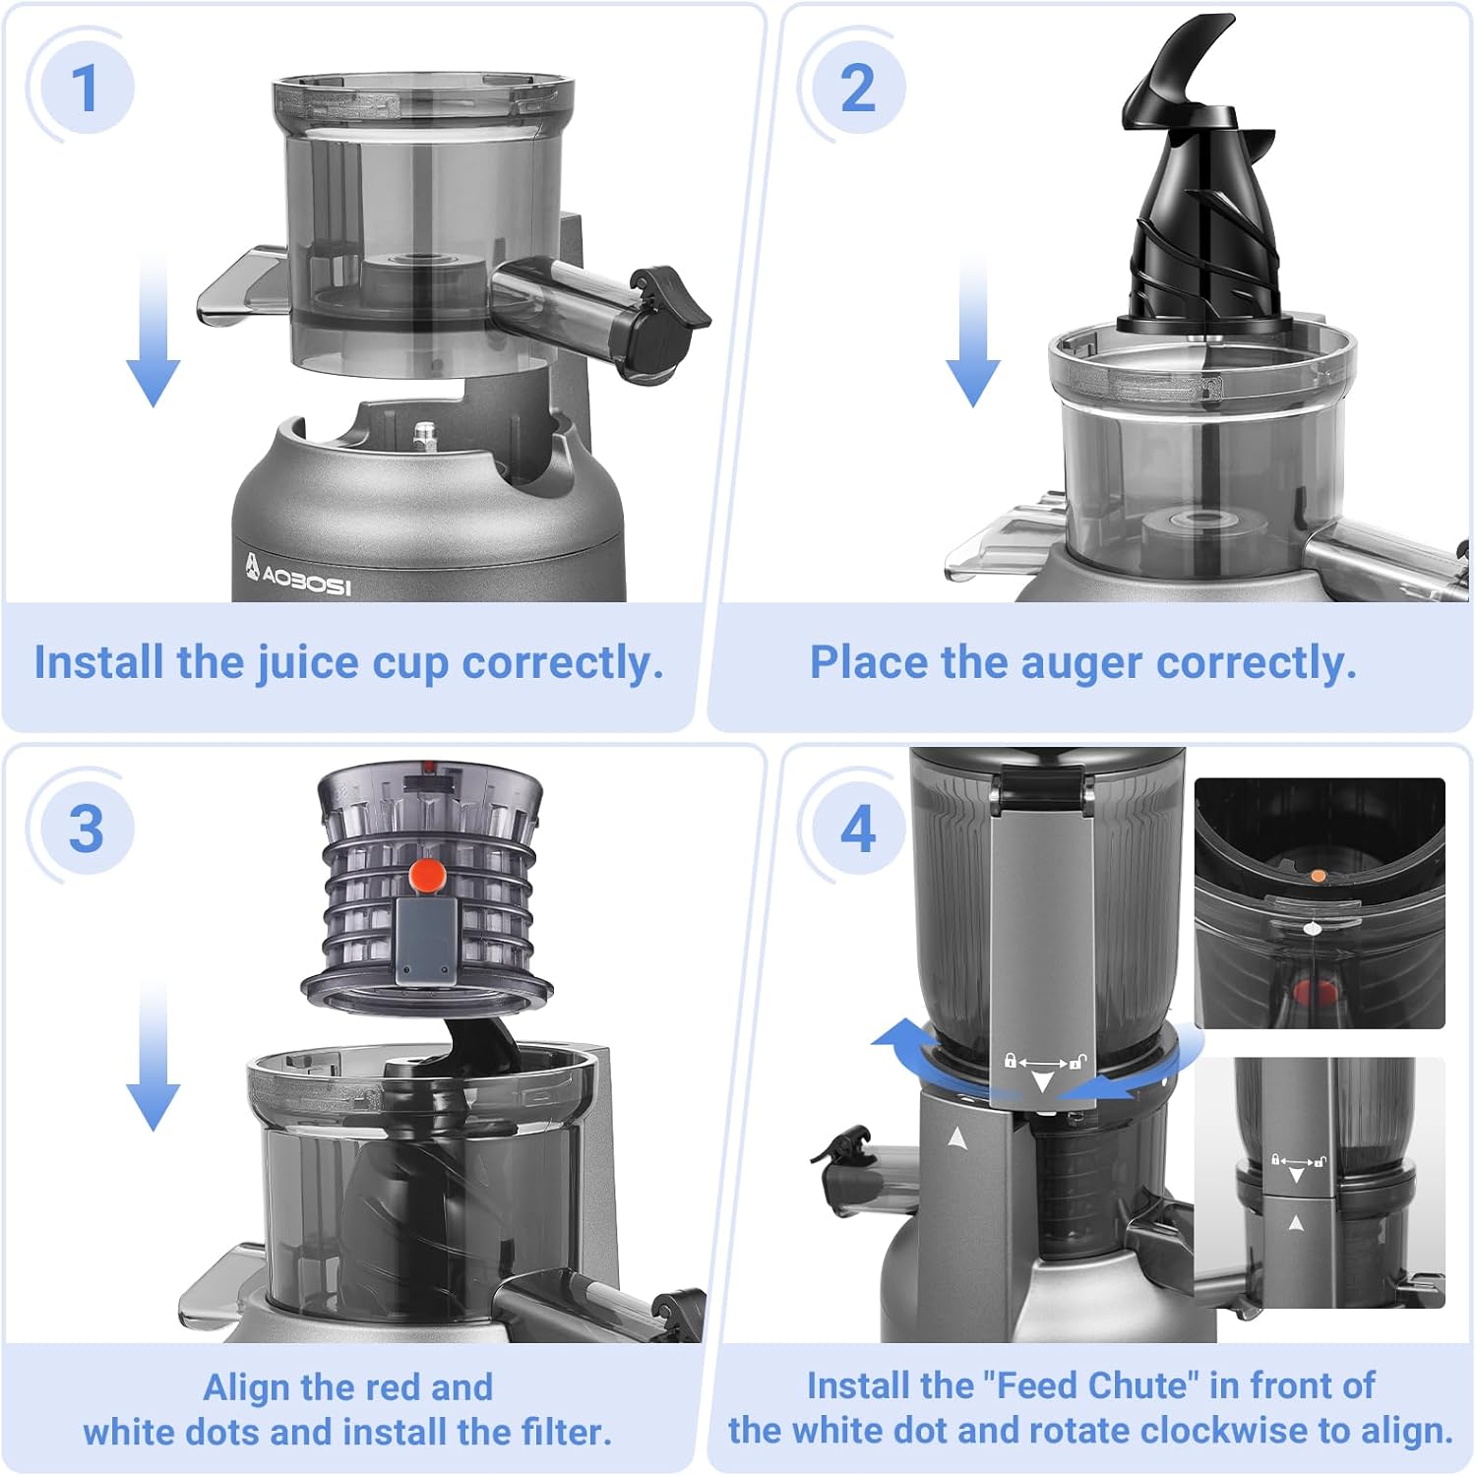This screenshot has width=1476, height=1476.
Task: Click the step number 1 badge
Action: point(86,88)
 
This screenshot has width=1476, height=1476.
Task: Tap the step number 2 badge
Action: point(857,88)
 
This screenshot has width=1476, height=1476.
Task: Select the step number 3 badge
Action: point(86,828)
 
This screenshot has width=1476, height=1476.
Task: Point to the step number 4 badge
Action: point(857,828)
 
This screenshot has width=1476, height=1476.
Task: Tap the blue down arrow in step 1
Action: point(153,329)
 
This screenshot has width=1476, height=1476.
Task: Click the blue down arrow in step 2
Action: point(972,329)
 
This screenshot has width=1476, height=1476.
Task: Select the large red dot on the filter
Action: point(427,874)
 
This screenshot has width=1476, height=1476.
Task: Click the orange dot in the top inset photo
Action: point(1319,874)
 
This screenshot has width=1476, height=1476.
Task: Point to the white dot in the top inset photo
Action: point(1311,927)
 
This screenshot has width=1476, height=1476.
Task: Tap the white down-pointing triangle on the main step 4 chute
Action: point(1042,1082)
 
